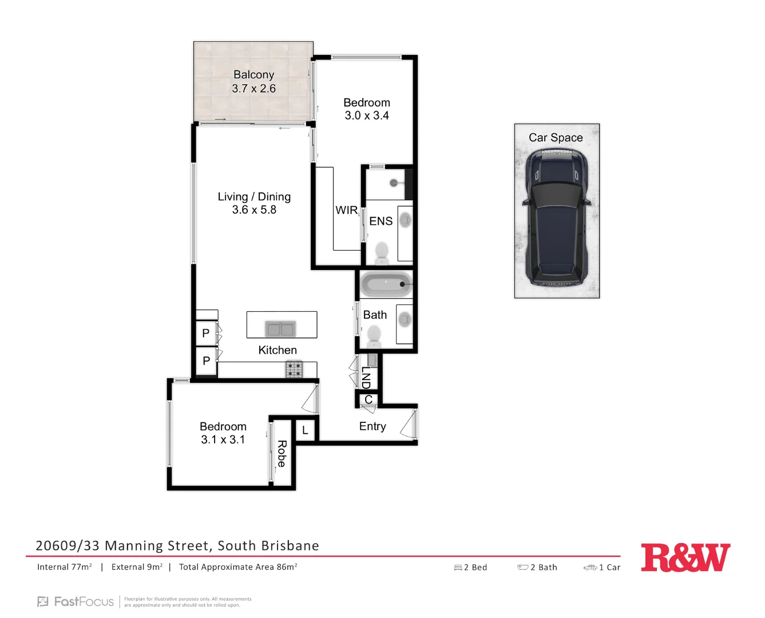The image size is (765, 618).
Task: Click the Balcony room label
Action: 253,75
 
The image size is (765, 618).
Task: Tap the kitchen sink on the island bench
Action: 280,329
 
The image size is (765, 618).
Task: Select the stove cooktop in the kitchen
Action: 294,369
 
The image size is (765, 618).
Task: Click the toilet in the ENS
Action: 381,252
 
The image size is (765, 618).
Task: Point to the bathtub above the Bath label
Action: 386,284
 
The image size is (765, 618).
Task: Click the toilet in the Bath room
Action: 374,336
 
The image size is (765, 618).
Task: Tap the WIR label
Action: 346,210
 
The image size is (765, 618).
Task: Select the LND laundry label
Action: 366,378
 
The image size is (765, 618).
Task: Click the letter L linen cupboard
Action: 305,430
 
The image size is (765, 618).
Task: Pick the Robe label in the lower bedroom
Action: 282,454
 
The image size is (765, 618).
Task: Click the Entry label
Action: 372,426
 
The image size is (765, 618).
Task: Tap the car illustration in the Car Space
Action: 557,217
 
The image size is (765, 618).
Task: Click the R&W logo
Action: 685,557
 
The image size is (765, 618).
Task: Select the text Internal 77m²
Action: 65,567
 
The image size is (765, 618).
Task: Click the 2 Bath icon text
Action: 537,567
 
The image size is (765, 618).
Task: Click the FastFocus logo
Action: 76,601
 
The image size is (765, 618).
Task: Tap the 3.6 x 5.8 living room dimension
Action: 254,210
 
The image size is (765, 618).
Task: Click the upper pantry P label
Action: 206,333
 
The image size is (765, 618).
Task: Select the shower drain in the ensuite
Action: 394,183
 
